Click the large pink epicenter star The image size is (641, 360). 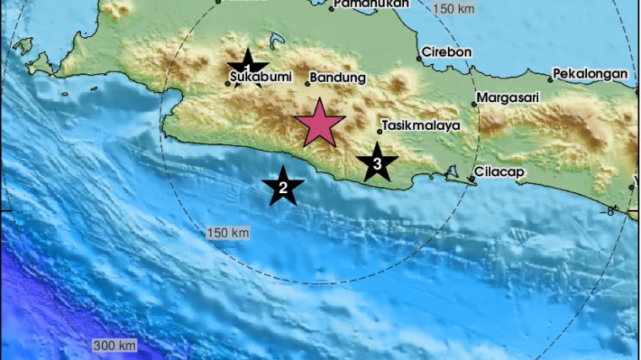tap(319, 123)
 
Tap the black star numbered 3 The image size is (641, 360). tap(377, 162)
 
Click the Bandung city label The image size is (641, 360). tap(338, 78)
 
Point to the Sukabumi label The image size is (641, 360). tap(261, 78)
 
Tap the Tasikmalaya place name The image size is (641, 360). tap(421, 125)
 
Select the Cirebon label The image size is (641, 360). tap(448, 51)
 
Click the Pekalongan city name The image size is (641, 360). tap(591, 74)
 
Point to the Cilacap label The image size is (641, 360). tap(500, 172)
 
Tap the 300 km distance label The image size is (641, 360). tap(115, 346)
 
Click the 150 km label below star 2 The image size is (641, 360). tap(228, 232)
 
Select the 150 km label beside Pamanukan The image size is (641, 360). tap(453, 8)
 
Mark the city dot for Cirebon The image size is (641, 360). tap(419, 59)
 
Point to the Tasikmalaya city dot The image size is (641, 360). tap(380, 132)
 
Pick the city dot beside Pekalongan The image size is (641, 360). tap(550, 80)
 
